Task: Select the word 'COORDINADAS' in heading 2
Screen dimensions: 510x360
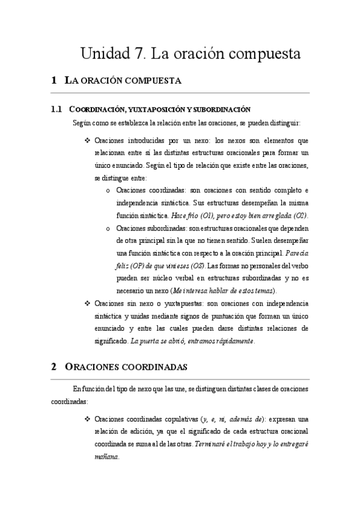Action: [151, 366]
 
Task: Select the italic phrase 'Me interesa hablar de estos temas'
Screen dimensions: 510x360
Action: [224, 290]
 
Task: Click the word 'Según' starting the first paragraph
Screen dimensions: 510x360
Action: [81, 124]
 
